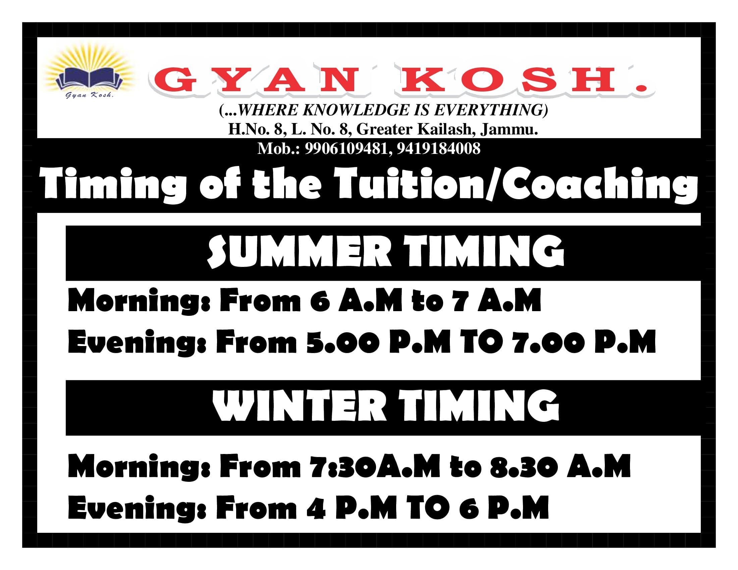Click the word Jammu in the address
[509, 129]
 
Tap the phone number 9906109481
[346, 148]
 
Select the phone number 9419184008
[438, 148]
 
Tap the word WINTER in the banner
[299, 407]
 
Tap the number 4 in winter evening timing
[316, 508]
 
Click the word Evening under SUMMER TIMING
[137, 343]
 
